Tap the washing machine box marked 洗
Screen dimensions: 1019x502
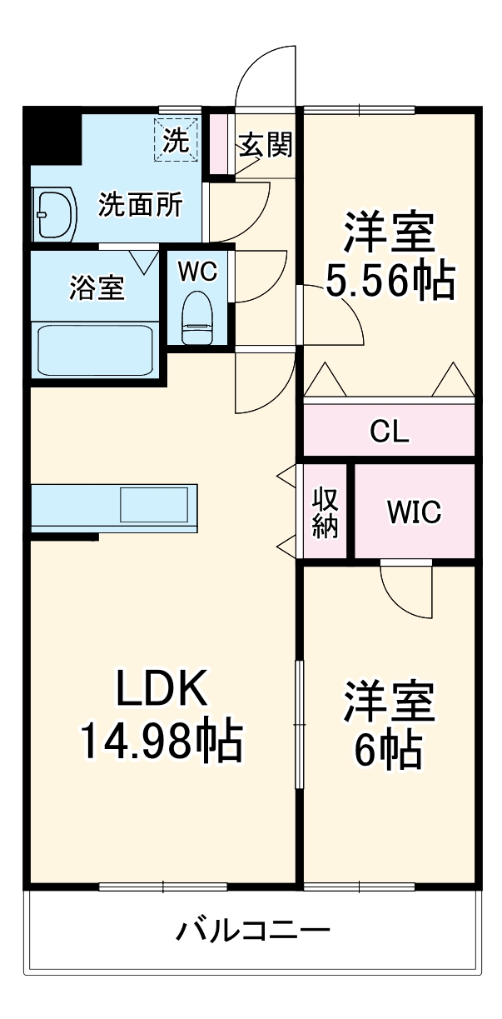pos(175,137)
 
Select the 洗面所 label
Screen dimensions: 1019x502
pos(141,205)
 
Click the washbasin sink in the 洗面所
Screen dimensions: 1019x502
pos(52,215)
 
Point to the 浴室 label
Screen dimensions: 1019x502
pos(97,288)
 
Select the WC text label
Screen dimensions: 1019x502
pos(197,271)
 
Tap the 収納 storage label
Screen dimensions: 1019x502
pos(326,512)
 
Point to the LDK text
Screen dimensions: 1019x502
pos(160,691)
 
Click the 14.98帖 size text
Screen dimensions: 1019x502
pos(161,741)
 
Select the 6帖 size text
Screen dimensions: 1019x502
pos(388,751)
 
